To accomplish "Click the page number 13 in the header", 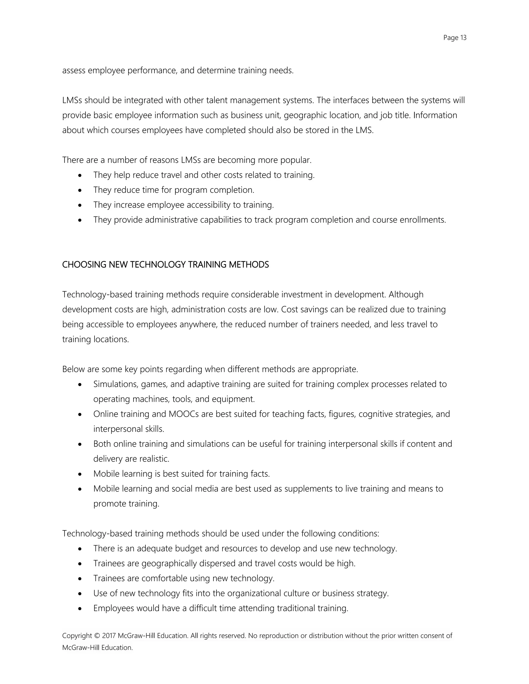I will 463,38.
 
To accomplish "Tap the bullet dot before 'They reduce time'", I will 80,190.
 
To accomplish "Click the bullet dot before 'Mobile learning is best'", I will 80,474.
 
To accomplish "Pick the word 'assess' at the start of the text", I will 74,70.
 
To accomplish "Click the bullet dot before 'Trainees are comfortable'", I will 80,579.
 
